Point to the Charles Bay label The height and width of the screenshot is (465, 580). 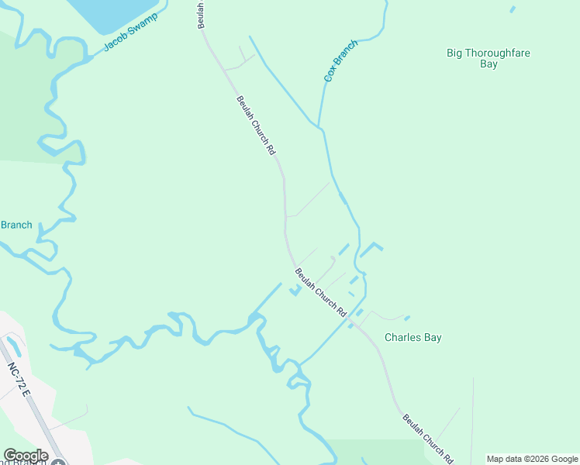coord(413,338)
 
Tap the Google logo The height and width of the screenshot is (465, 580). coord(26,456)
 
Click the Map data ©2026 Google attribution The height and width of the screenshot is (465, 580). coord(533,459)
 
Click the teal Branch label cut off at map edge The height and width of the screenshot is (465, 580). coord(16,226)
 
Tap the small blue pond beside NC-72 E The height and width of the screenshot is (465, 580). coord(12,346)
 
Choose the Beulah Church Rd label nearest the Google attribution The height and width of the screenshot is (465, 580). coord(427,439)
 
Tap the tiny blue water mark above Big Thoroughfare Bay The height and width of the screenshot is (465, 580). coord(512,9)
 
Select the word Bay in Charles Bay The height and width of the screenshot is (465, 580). coord(433,338)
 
